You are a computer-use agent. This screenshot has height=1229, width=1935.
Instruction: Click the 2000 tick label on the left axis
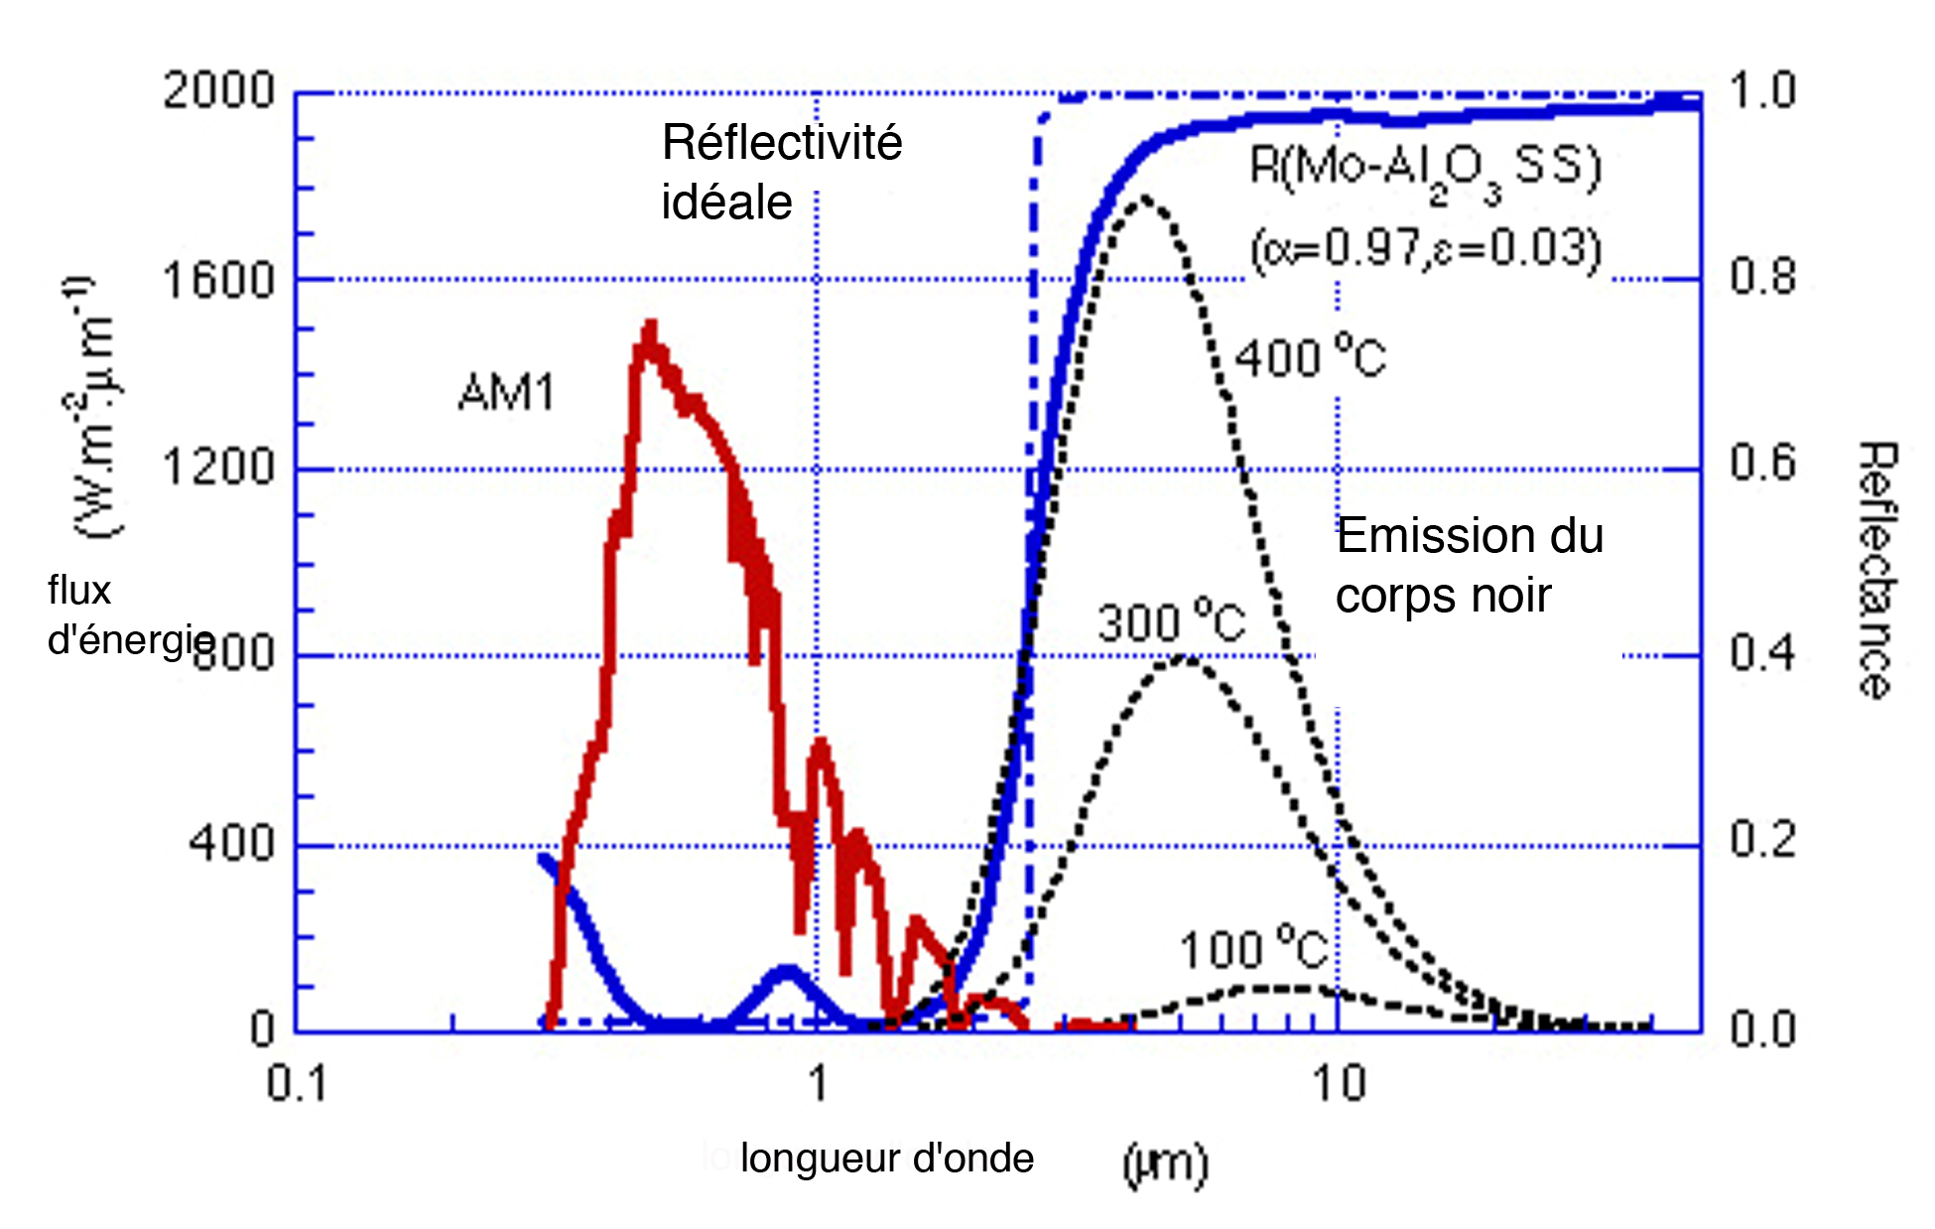pyautogui.click(x=218, y=91)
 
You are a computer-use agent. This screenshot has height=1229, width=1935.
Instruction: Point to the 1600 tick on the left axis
pyautogui.click(x=218, y=281)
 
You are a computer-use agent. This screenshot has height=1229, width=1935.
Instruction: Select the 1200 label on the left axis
pyautogui.click(x=218, y=468)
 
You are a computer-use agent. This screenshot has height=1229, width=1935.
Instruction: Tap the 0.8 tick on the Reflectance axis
pyautogui.click(x=1763, y=277)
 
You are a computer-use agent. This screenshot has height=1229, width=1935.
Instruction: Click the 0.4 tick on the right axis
pyautogui.click(x=1763, y=654)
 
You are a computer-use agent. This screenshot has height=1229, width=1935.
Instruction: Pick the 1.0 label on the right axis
pyautogui.click(x=1763, y=91)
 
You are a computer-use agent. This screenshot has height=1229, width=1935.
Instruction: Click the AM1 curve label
pyautogui.click(x=506, y=394)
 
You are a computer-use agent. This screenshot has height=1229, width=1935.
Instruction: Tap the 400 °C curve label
pyautogui.click(x=1310, y=357)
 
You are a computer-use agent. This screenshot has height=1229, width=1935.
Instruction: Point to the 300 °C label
pyautogui.click(x=1171, y=623)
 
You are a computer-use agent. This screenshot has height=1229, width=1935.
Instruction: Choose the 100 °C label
pyautogui.click(x=1253, y=950)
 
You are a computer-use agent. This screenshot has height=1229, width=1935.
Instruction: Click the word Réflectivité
pyautogui.click(x=782, y=143)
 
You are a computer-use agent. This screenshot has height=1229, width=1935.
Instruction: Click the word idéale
pyautogui.click(x=726, y=204)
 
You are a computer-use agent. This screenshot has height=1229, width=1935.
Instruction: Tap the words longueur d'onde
pyautogui.click(x=887, y=1159)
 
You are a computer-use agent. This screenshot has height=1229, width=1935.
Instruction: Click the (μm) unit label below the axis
pyautogui.click(x=1166, y=1162)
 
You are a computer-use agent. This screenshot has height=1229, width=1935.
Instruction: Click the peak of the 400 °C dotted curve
pyautogui.click(x=1144, y=199)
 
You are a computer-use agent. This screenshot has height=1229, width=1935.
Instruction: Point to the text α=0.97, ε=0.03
pyautogui.click(x=1426, y=249)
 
